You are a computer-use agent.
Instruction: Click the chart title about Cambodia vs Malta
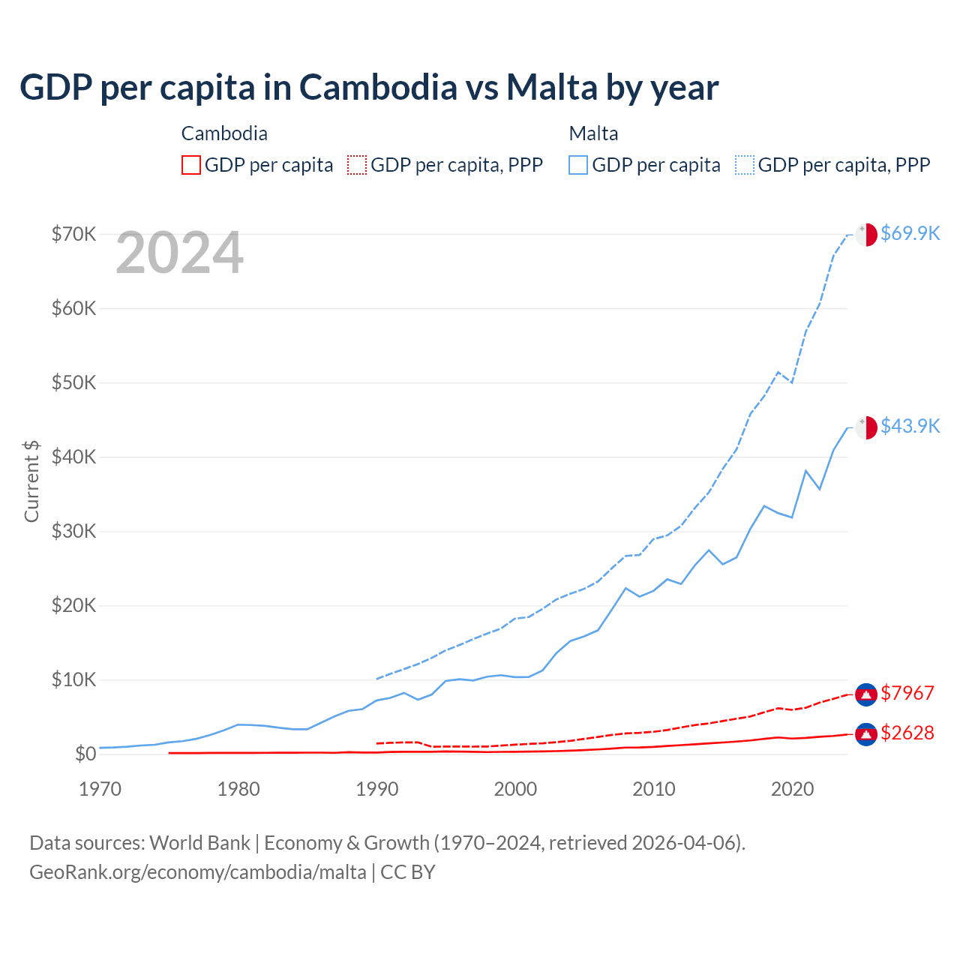[369, 88]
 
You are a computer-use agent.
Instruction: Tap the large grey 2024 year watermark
[179, 253]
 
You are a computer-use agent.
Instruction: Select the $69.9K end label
[910, 233]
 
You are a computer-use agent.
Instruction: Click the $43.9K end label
[910, 426]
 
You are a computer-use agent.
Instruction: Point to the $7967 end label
[907, 693]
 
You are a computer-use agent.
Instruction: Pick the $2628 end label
[907, 733]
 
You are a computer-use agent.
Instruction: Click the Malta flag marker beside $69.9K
[866, 234]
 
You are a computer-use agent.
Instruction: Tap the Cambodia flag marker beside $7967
[866, 694]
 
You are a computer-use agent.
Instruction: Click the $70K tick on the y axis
[73, 234]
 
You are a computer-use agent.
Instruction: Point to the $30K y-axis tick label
[73, 531]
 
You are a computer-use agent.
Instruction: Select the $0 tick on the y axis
[85, 754]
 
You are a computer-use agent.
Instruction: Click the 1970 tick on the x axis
[100, 789]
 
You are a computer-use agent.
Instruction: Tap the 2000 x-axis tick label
[515, 789]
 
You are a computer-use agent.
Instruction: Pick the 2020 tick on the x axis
[792, 789]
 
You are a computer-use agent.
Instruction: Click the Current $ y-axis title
[31, 481]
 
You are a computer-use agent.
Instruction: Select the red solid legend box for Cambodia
[191, 165]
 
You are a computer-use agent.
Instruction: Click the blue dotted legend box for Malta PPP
[745, 165]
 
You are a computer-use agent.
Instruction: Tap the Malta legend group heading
[593, 133]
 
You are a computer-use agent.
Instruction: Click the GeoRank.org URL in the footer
[198, 872]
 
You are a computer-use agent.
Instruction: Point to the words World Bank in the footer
[199, 843]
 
